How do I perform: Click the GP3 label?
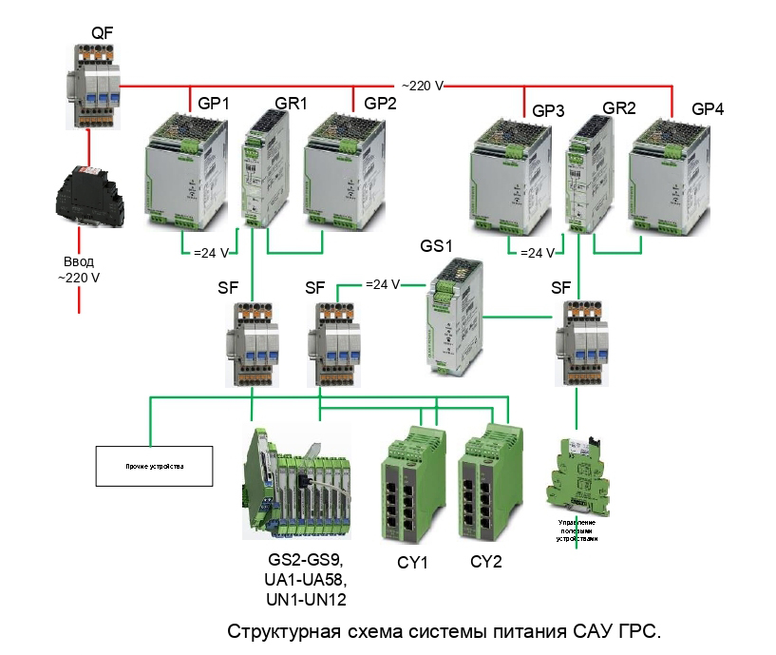[x=548, y=111]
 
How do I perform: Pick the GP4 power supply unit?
[x=670, y=176]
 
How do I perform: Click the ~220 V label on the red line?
[x=423, y=86]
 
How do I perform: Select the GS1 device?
[x=455, y=318]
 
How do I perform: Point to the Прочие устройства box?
[x=153, y=467]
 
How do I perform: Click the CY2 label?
[x=485, y=562]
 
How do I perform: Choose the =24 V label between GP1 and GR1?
[x=211, y=253]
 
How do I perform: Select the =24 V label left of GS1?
[x=384, y=283]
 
